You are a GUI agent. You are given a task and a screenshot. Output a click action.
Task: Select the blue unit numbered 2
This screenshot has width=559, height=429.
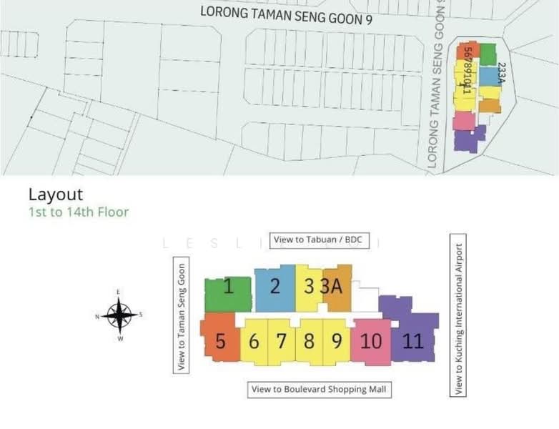click(275, 287)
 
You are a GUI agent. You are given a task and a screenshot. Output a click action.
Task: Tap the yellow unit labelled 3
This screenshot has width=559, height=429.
click(309, 287)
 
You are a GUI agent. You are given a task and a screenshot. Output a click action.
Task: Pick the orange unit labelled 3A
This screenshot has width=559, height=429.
click(334, 287)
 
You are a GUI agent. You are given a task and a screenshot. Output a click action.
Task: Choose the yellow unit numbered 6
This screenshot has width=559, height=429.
click(254, 341)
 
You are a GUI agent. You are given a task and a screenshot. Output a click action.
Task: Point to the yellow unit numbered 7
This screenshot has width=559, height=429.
click(282, 340)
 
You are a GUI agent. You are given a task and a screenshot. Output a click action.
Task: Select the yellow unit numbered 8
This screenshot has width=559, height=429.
click(309, 340)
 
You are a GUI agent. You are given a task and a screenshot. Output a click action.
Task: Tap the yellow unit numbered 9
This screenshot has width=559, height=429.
click(336, 340)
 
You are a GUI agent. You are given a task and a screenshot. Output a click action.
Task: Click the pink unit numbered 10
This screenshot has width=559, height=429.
click(371, 341)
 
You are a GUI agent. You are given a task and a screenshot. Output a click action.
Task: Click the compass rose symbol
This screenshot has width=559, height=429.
click(119, 315)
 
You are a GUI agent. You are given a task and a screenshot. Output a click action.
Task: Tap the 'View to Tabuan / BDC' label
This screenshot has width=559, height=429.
click(319, 240)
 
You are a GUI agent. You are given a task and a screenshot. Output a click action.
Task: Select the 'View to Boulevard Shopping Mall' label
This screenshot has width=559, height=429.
click(320, 390)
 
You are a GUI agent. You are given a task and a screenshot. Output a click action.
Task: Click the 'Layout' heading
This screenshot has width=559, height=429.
click(56, 194)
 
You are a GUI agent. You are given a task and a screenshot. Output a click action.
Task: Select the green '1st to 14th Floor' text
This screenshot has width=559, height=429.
click(79, 212)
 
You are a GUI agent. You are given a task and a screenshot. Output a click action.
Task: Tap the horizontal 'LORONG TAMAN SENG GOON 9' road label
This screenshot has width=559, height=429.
click(286, 15)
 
